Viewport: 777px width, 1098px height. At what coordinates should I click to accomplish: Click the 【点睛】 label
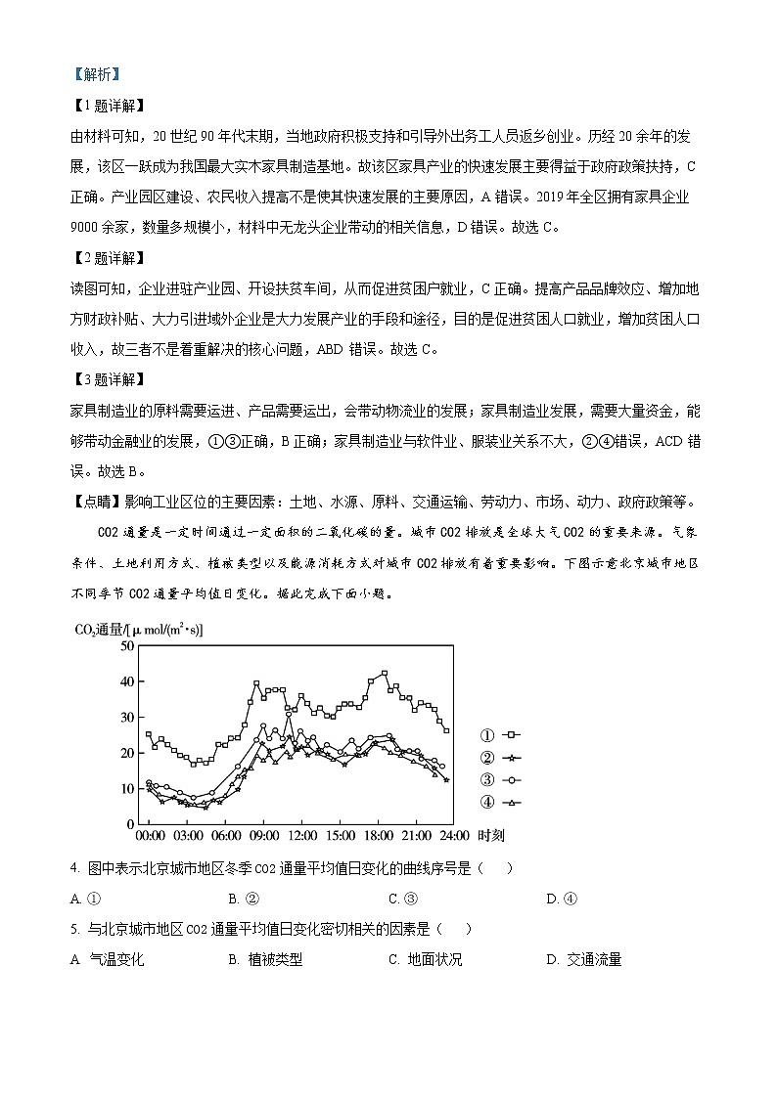(x=96, y=503)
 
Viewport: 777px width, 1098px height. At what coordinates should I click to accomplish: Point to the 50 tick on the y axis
(x=125, y=646)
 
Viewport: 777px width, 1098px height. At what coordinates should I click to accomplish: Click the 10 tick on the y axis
(x=125, y=789)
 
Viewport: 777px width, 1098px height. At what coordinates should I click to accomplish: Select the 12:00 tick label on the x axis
(x=301, y=837)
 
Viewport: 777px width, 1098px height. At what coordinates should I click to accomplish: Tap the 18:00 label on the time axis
(x=378, y=837)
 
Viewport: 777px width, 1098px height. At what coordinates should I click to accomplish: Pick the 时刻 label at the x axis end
(x=490, y=837)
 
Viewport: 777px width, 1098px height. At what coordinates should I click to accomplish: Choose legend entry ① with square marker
(x=500, y=735)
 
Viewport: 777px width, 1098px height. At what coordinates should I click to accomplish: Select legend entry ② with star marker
(x=500, y=758)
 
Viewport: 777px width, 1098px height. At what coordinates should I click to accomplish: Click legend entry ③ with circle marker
(x=500, y=780)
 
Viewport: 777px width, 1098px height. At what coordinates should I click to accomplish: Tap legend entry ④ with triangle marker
(x=500, y=803)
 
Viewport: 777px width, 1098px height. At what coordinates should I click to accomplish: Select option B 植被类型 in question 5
(x=265, y=960)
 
